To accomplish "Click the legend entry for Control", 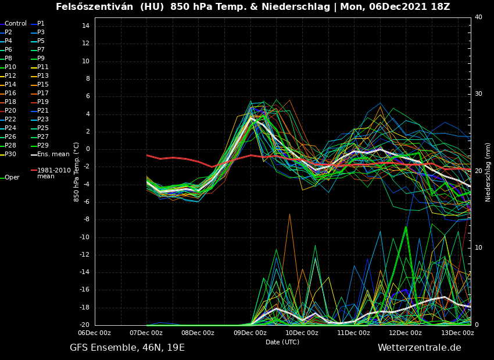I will tap(15, 24).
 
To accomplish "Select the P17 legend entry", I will tap(42, 93).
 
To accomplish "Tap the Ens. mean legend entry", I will tap(52, 154).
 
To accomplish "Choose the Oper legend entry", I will tap(12, 178).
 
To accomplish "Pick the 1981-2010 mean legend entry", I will tap(53, 173).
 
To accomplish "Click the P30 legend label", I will tap(10, 154).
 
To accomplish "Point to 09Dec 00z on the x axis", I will tap(250, 333).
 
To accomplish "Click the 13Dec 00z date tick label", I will tap(457, 333).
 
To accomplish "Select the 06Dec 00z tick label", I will tap(94, 333).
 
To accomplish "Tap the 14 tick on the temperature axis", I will tap(85, 26).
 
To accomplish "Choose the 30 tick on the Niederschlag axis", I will tap(478, 93).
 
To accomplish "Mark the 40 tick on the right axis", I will tap(478, 17).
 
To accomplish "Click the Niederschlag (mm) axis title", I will tap(488, 172).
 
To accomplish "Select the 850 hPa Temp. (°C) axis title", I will tap(77, 172).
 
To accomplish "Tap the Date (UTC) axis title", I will tap(282, 342).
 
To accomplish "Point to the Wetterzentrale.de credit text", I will tap(419, 348).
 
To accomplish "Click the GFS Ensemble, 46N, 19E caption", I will tap(127, 348).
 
